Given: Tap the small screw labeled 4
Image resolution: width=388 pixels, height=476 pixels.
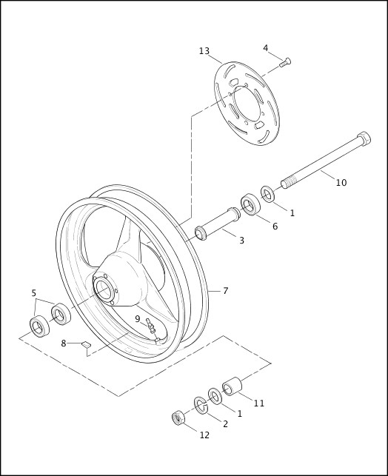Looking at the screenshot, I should pos(285,63).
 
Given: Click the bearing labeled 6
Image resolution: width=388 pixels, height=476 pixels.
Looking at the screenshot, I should pos(250,205).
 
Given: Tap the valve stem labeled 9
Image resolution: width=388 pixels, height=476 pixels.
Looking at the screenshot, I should pos(151,329).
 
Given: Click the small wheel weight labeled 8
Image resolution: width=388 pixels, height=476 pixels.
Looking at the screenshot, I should pos(85,343).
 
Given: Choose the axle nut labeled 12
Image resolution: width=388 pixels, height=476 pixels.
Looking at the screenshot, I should pos(178,418).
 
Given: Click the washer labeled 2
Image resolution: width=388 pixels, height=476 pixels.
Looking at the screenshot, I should pos(201,404).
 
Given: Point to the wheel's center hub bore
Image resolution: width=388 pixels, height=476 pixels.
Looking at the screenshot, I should pos(103,288).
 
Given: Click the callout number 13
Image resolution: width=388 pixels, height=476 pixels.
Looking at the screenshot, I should pos(204,51).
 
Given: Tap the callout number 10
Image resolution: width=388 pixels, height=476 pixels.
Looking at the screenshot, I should pos(341,182).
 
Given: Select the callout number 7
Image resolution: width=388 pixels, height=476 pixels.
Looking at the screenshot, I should pos(225,291).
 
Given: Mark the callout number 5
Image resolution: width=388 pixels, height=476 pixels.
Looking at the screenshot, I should pos(33,293).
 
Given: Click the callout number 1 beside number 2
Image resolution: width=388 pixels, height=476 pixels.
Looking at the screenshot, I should pos(239,414).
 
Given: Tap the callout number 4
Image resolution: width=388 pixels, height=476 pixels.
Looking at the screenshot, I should pos(265,48).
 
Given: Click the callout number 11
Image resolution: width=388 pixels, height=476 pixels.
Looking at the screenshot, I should pos(258,403).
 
